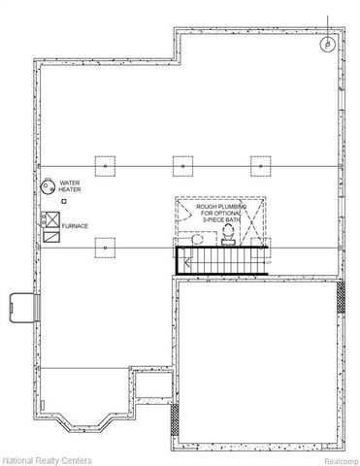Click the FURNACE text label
(x=75, y=225)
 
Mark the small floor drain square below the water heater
(x=64, y=200)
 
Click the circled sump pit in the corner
(x=329, y=44)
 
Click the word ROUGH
(x=207, y=207)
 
